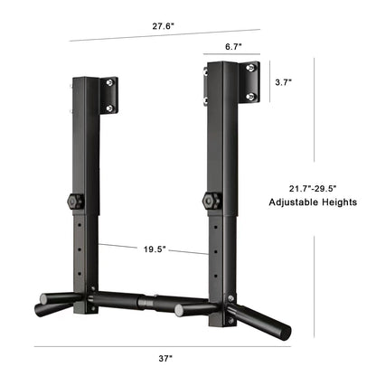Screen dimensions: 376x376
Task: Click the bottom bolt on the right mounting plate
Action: click(x=250, y=93)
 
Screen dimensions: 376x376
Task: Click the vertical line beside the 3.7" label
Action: click(x=266, y=81)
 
